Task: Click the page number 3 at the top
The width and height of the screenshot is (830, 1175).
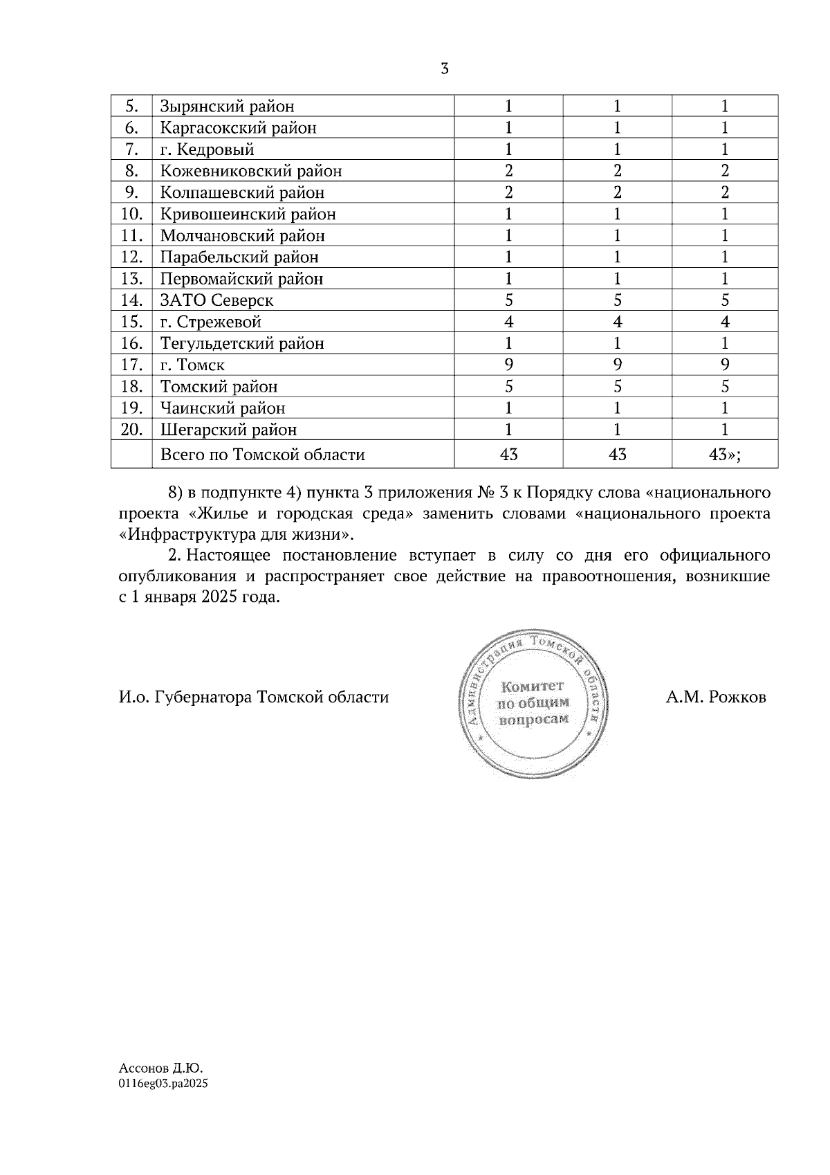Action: pos(445,69)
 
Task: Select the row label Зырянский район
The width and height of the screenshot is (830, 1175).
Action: pos(227,107)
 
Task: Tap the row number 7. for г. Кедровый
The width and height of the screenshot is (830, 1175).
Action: pos(132,149)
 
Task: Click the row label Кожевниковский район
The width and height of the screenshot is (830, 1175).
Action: pos(251,171)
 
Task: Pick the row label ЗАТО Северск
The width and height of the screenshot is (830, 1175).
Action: pos(216,300)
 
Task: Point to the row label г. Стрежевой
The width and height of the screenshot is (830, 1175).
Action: pos(210,322)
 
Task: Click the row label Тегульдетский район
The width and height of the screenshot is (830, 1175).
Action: pos(242,343)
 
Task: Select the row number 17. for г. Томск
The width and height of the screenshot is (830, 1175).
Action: pos(131,365)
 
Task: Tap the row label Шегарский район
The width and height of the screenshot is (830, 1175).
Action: pos(228,430)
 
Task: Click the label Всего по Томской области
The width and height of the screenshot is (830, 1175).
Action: pos(263,455)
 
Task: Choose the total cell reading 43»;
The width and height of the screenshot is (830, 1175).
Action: pos(724,455)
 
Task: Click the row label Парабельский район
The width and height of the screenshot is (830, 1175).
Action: pos(239,257)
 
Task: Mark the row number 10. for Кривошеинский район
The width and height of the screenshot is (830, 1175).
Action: pos(131,214)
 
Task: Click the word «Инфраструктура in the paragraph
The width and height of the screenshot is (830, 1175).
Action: pos(187,534)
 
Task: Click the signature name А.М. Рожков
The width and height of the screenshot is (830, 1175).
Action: pos(716,697)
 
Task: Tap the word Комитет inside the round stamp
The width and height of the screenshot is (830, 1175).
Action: pos(533,686)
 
